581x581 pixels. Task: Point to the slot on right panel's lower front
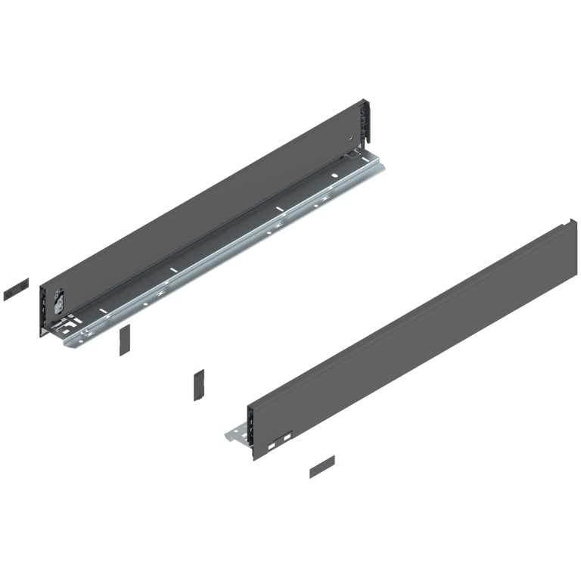pyautogui.click(x=281, y=437)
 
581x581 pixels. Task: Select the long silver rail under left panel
pyautogui.click(x=227, y=250)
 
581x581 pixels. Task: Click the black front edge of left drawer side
pyautogui.click(x=42, y=310)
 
